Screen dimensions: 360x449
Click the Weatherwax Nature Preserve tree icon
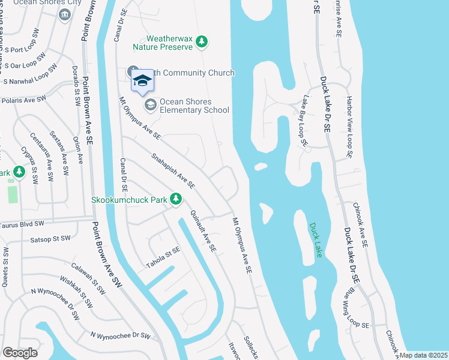coord(203,41)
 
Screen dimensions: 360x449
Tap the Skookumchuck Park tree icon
coord(176,198)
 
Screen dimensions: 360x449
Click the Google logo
coord(20,352)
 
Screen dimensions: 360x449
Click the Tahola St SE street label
coord(163,257)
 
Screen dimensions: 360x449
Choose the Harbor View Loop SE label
coord(349,127)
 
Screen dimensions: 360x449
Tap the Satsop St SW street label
coord(50,239)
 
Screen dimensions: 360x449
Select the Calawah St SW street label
coord(88,279)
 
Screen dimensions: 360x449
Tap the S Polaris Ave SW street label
coord(24,98)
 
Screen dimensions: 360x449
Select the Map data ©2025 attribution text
coord(423,355)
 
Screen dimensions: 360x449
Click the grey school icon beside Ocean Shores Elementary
coord(150,106)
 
